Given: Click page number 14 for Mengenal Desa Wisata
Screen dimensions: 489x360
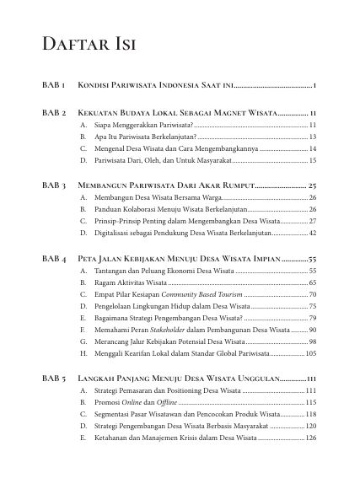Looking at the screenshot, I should [312, 148].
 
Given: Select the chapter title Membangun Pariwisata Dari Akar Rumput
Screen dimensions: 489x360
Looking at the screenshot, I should [165, 184].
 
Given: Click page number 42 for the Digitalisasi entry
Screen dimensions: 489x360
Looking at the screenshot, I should [312, 232].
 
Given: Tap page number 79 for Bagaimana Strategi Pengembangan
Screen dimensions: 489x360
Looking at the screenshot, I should [312, 318].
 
